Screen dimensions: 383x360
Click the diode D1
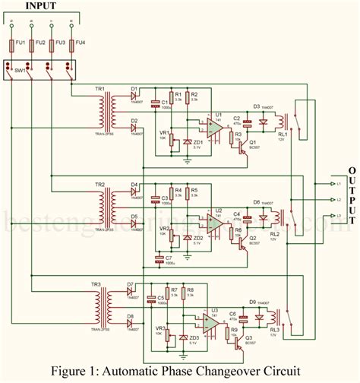pos(134,97)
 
